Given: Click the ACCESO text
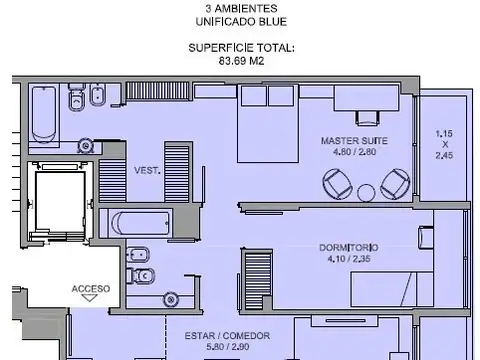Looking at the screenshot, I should coord(92,287).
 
